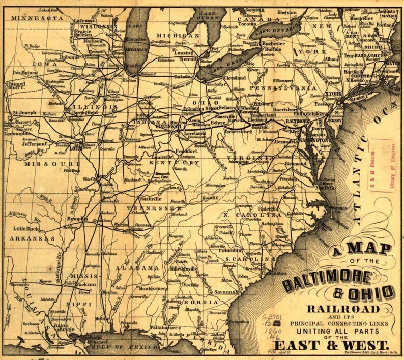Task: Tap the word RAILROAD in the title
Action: click(x=343, y=309)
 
